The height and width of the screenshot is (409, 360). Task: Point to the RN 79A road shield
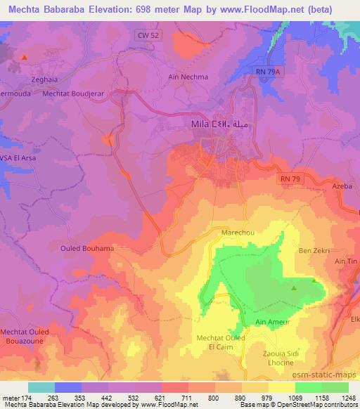(x=264, y=72)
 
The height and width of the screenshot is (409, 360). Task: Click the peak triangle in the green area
(x=295, y=287)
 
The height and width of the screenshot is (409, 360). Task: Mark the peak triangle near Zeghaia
(x=25, y=56)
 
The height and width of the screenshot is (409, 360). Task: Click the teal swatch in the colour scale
(x=41, y=387)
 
